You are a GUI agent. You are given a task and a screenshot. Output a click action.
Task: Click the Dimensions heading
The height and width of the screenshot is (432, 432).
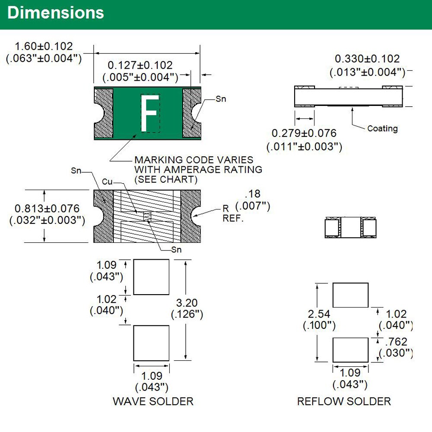click(56, 13)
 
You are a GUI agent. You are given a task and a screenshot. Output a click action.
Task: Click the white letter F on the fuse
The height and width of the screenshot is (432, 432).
click(150, 113)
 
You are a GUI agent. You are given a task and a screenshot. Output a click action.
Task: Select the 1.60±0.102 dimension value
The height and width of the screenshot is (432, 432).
click(44, 46)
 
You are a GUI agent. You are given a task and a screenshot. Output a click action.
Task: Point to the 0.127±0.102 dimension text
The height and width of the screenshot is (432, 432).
click(140, 65)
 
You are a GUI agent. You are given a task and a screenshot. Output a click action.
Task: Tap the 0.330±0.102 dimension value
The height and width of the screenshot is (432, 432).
click(367, 59)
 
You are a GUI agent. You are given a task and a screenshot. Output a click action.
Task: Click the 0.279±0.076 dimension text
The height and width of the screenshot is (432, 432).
click(304, 133)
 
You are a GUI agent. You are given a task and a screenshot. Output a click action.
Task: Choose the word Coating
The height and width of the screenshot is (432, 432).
click(382, 128)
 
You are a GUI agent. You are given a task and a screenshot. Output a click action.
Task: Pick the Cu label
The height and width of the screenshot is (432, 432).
click(107, 182)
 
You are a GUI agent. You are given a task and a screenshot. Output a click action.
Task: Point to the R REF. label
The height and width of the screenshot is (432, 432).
click(233, 213)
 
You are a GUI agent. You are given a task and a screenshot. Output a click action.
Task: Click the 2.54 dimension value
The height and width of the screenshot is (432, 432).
click(319, 314)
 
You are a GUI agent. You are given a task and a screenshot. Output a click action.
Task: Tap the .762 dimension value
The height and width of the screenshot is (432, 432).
click(396, 342)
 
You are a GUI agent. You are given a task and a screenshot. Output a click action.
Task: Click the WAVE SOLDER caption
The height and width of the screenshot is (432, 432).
click(153, 401)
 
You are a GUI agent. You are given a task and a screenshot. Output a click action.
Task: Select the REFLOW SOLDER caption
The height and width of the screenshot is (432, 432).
click(344, 401)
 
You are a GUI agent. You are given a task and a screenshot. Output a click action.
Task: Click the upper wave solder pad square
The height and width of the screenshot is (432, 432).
click(151, 277)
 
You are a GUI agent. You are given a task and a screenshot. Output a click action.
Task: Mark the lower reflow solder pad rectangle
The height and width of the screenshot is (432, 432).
click(350, 350)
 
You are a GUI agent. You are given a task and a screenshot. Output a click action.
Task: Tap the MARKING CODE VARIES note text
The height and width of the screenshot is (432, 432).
click(194, 160)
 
